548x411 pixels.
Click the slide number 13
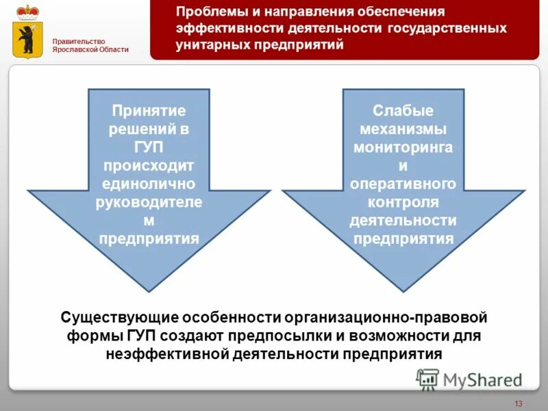[x=518, y=402]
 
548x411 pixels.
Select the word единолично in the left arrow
[x=149, y=184]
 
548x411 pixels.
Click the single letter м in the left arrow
[x=149, y=220]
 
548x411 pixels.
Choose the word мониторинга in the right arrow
[x=403, y=147]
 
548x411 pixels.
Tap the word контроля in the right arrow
[x=403, y=202]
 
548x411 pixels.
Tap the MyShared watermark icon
[x=428, y=379]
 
